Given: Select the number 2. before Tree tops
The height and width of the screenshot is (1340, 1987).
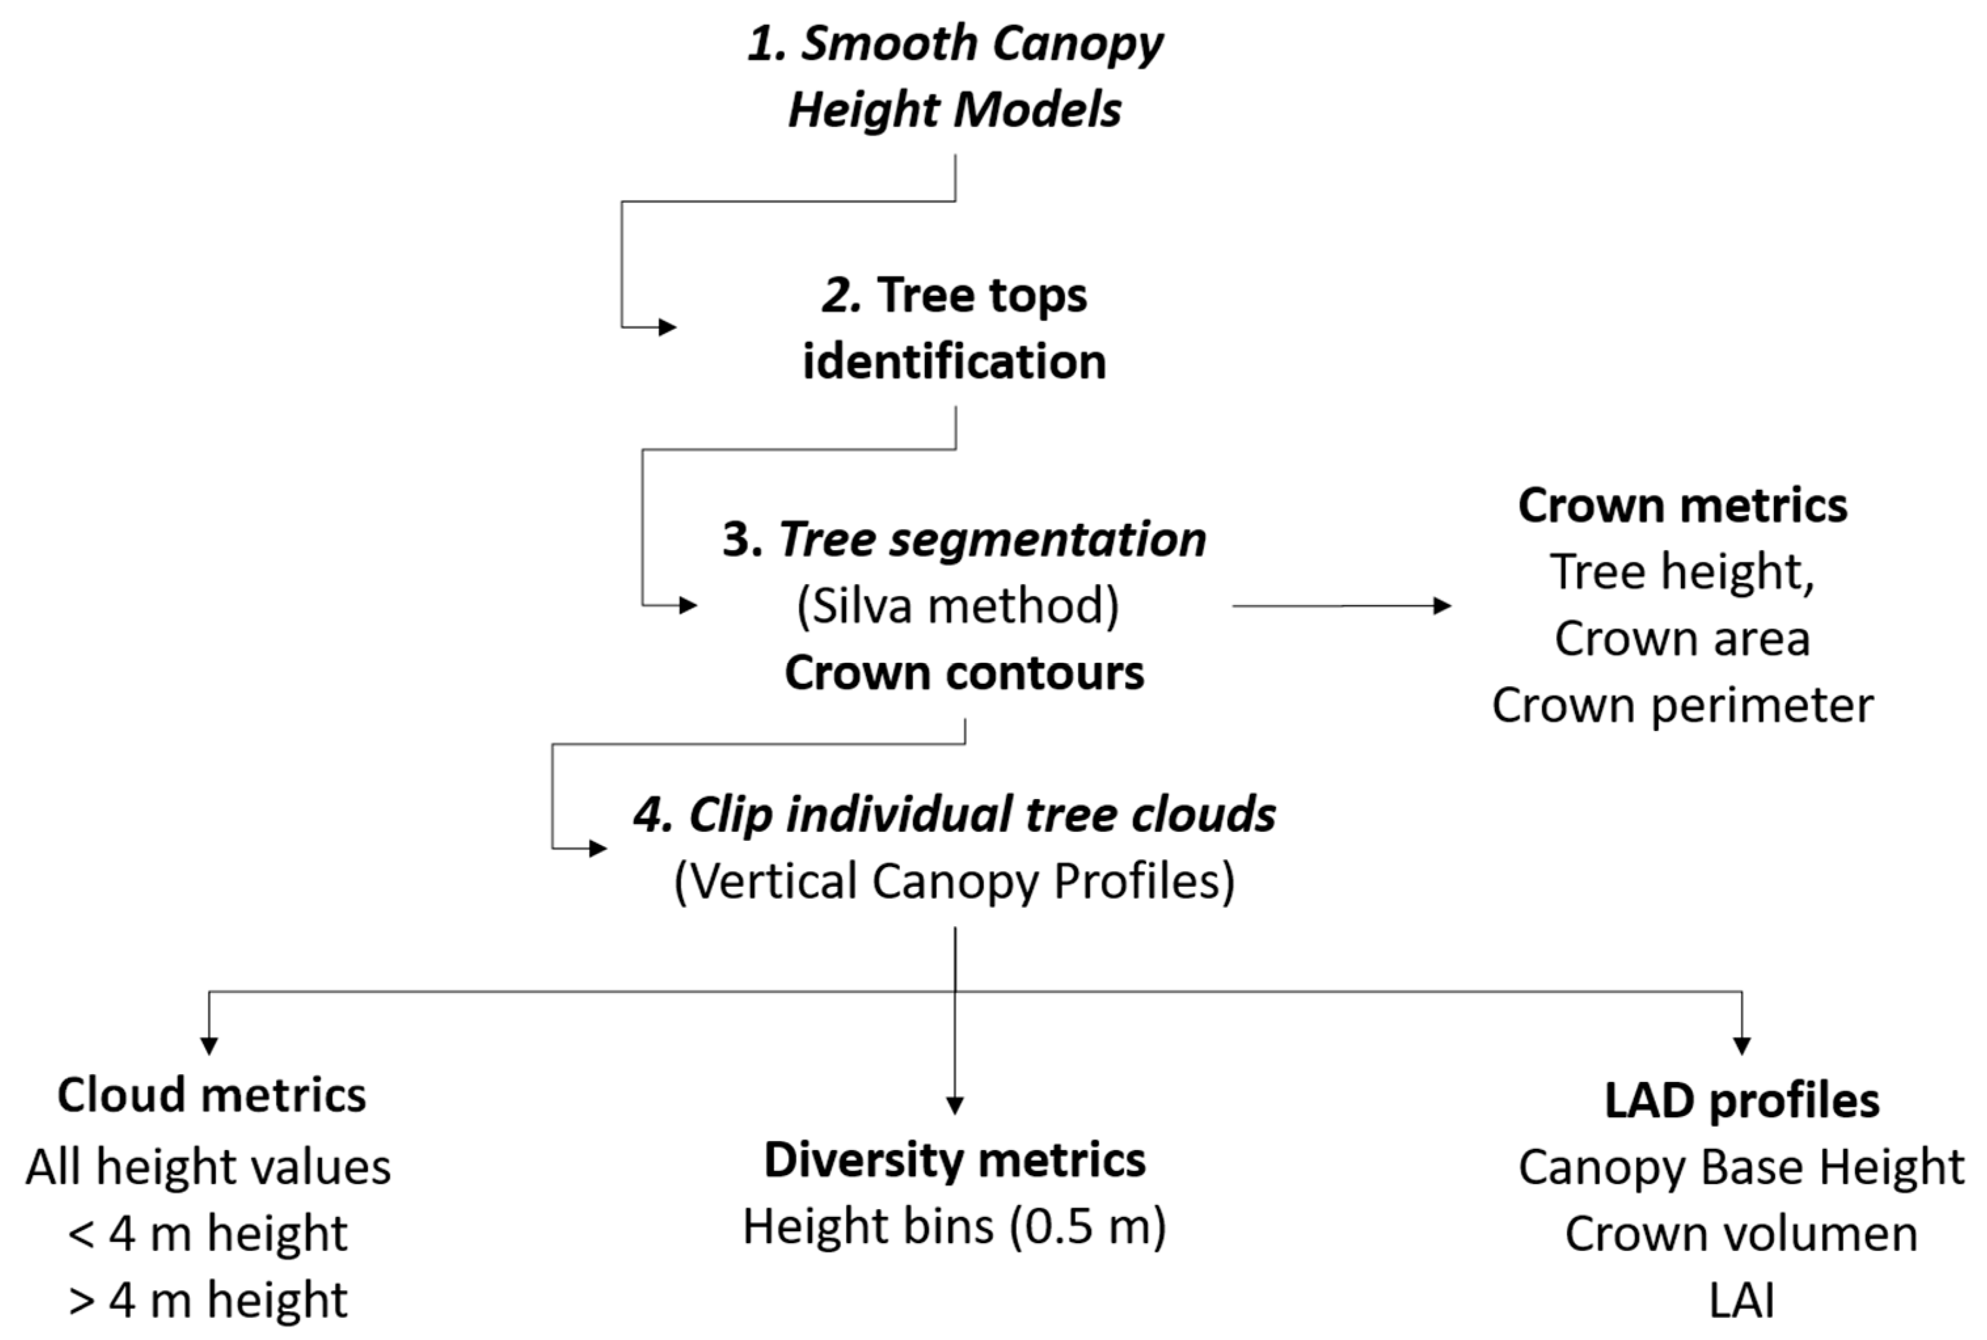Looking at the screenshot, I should click(x=841, y=295).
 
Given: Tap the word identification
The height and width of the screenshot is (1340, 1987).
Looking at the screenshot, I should click(x=954, y=362).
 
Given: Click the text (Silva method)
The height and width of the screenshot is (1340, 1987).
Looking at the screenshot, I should click(x=957, y=606).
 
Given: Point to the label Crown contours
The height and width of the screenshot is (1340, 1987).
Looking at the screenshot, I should click(x=964, y=673).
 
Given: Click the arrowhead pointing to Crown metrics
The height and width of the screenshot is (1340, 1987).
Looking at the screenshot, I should click(x=1443, y=606).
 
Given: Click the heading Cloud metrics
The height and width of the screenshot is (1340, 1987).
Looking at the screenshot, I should click(x=211, y=1096).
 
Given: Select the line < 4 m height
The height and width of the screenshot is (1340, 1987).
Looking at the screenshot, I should click(x=208, y=1234).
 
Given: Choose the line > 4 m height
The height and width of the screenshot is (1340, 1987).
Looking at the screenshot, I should click(x=208, y=1301).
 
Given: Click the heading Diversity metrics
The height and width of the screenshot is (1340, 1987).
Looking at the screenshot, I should click(x=954, y=1161).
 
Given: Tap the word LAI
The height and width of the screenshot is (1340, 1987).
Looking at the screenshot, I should click(x=1742, y=1301).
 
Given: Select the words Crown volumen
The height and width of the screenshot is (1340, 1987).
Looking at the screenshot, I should click(x=1742, y=1234).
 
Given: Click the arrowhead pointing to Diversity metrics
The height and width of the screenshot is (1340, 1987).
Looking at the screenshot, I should click(x=955, y=1105).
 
